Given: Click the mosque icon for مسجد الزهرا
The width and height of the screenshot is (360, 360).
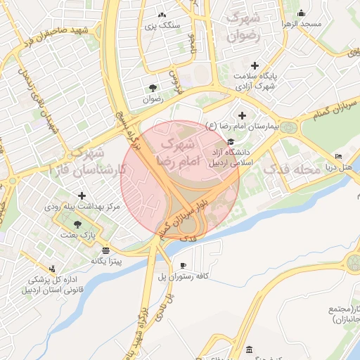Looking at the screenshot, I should pos(301,13).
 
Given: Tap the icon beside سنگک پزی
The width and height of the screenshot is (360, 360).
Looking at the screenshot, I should pos(162,15).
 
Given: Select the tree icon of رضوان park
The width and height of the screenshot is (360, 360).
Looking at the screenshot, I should pos(153,88).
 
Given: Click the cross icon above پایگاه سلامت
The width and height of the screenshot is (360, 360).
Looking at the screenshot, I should pos(255,65).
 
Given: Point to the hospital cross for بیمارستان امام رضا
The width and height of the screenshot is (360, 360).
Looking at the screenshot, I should pos(243,115).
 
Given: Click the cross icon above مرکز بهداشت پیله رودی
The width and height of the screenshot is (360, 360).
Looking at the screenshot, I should pos(82,195).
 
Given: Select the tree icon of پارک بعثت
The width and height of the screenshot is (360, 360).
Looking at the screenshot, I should pos(77,224).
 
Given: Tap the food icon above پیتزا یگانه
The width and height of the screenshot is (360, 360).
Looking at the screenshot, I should pos(105,250).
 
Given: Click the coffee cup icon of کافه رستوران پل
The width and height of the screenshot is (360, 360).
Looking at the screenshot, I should pos(184,266).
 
